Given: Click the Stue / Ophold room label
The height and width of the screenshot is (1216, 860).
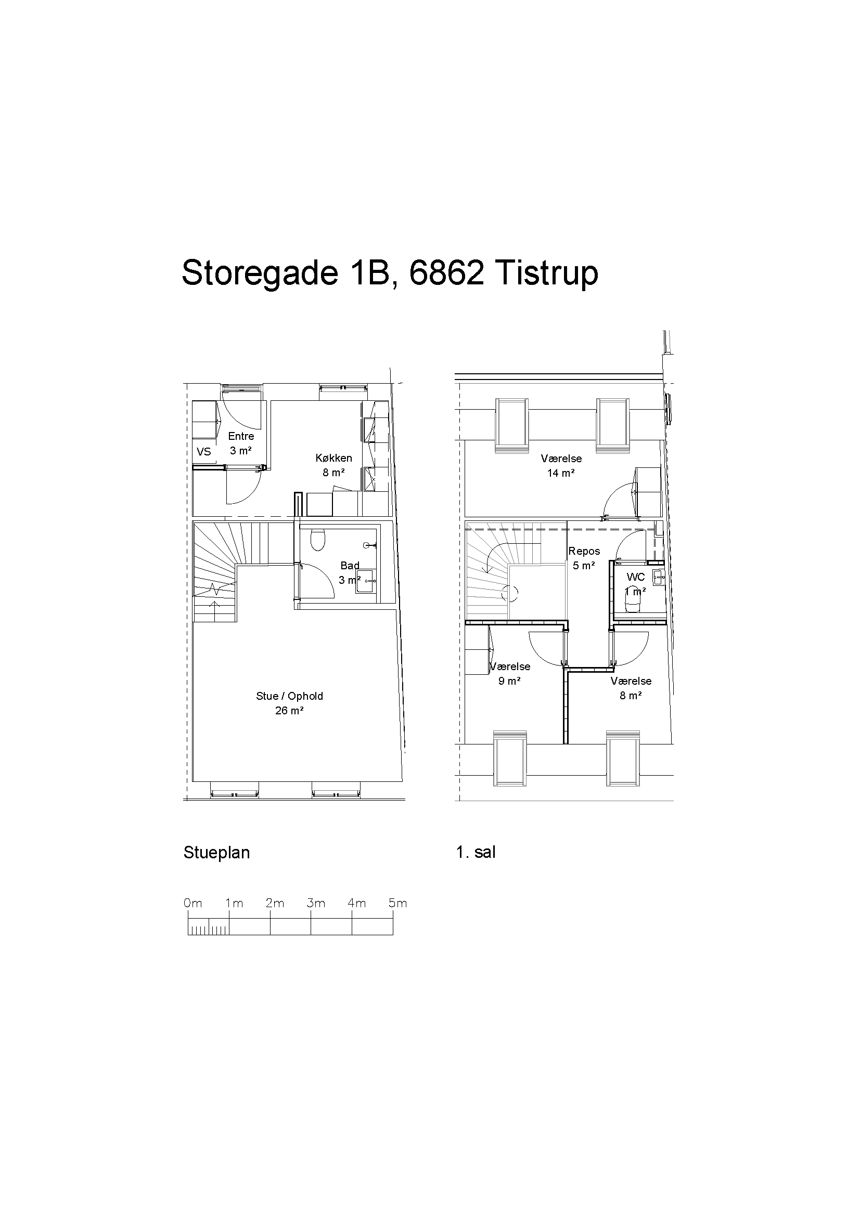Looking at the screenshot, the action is click(289, 696).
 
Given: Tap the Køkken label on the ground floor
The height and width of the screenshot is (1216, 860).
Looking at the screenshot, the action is click(334, 457).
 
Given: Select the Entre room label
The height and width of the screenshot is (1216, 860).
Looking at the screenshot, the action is click(241, 436).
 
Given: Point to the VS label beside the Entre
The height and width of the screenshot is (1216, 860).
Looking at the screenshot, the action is click(204, 451).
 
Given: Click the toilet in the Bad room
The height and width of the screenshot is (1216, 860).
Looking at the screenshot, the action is click(318, 539).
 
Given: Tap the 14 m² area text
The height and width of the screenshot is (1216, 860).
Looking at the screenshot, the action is click(561, 473).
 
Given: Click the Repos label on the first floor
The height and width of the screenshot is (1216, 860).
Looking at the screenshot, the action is click(584, 551).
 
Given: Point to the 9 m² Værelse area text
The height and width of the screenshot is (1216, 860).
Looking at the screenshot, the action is click(509, 681).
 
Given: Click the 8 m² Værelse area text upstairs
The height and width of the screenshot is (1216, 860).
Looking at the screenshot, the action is click(631, 696).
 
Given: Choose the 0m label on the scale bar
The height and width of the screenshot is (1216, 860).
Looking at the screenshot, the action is click(193, 903).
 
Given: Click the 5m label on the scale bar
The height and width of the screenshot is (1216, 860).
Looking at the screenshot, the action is click(397, 903).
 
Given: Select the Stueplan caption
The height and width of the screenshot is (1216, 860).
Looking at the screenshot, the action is click(217, 853).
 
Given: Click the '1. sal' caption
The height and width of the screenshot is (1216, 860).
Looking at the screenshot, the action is click(476, 852).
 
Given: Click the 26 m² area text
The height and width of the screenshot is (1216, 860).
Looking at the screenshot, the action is click(289, 711).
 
